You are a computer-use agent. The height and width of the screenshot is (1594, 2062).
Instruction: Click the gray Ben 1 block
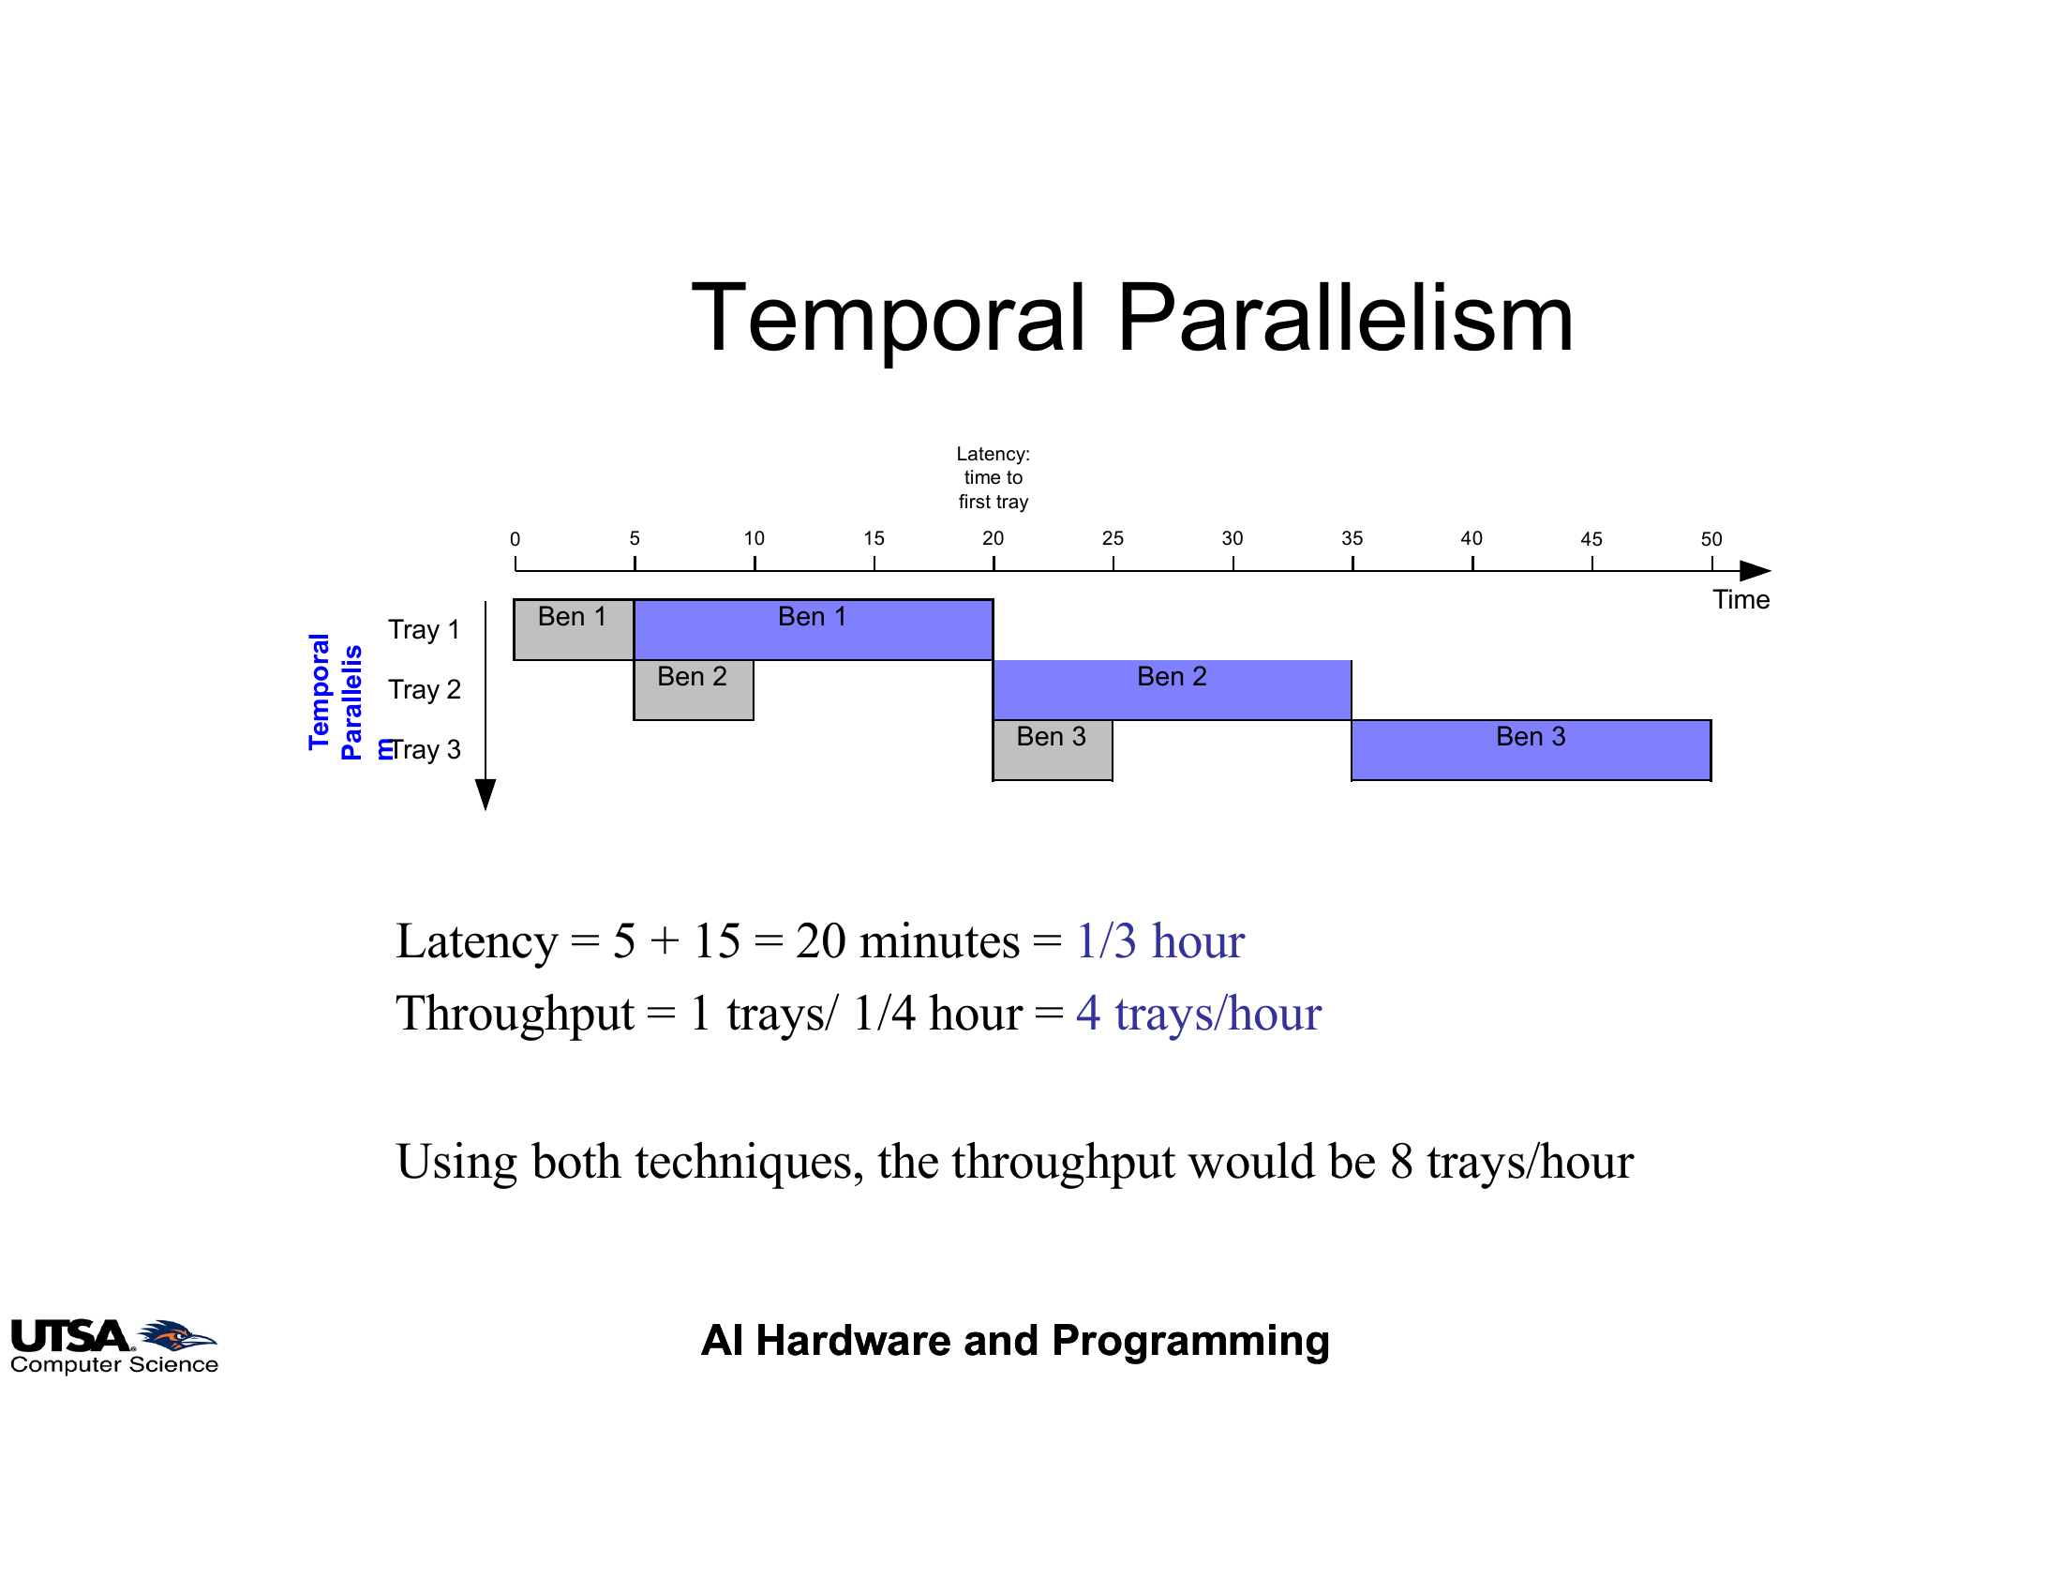(x=574, y=630)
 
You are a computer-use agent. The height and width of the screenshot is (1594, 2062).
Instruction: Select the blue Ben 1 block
(x=813, y=630)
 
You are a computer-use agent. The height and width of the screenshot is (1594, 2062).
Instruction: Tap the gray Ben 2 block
(x=693, y=690)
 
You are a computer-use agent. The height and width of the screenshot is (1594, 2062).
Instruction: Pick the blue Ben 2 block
(x=1172, y=690)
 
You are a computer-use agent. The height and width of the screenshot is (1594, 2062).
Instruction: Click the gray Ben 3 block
(x=1052, y=751)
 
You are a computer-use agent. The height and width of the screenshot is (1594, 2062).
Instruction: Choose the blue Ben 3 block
(x=1532, y=751)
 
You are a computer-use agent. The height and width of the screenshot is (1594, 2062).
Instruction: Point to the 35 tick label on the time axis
(x=1352, y=538)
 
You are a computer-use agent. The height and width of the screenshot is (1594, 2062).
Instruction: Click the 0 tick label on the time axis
(x=515, y=539)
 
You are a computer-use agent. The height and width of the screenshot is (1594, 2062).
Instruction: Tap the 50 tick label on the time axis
(x=1711, y=539)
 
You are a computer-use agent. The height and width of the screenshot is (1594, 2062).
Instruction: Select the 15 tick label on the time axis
(x=874, y=538)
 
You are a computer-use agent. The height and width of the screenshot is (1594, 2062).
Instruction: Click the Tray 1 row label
(x=424, y=630)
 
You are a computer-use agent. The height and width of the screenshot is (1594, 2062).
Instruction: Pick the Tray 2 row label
(x=424, y=690)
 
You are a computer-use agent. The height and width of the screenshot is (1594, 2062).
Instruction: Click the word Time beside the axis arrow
(x=1741, y=601)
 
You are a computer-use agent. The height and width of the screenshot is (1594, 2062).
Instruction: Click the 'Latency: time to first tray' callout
(x=994, y=478)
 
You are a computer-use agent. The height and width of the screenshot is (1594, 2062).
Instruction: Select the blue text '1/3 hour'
(x=1160, y=941)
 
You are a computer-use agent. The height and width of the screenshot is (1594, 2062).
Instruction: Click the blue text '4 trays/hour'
(x=1199, y=1015)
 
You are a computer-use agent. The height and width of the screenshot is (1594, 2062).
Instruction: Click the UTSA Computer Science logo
(x=114, y=1346)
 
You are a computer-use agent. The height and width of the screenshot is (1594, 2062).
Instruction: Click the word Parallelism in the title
(x=1345, y=318)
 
